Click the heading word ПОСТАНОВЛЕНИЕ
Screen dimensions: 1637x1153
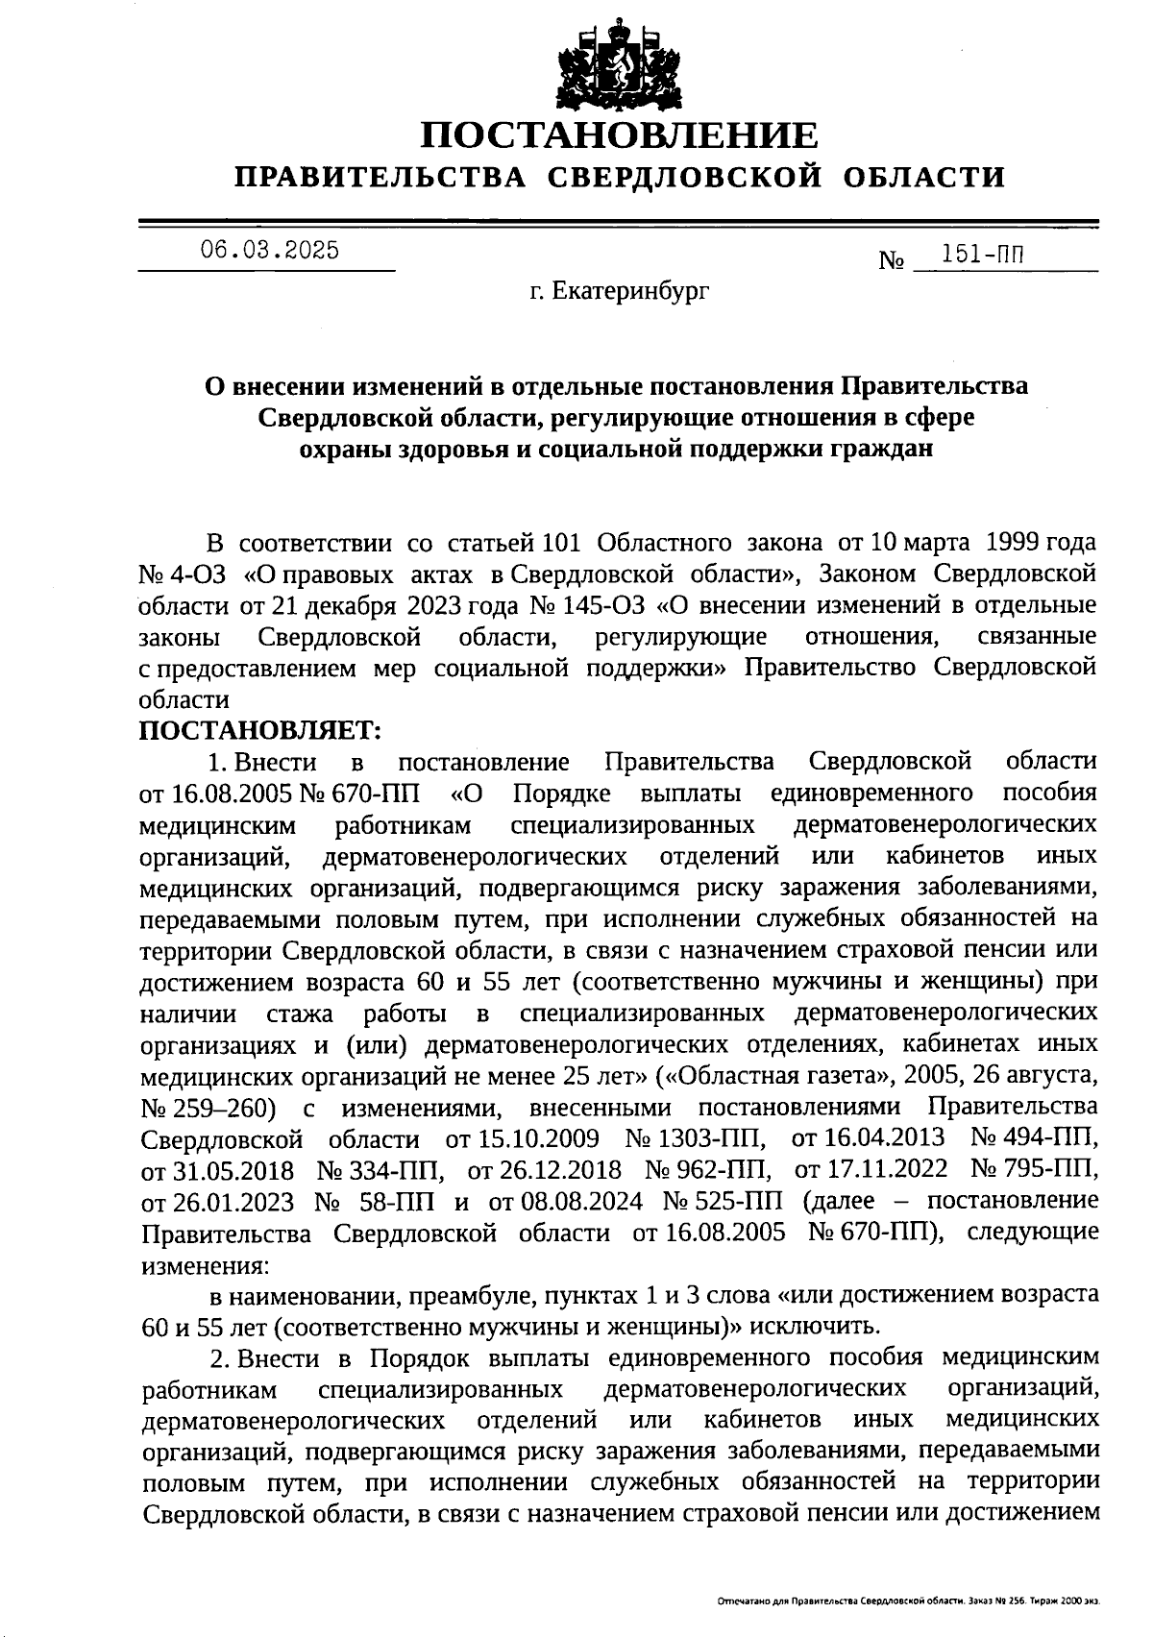tap(620, 135)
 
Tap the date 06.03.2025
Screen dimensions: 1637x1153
tap(269, 251)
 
